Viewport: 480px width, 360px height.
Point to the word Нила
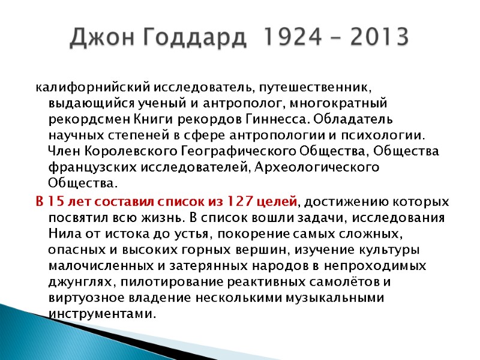61,233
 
